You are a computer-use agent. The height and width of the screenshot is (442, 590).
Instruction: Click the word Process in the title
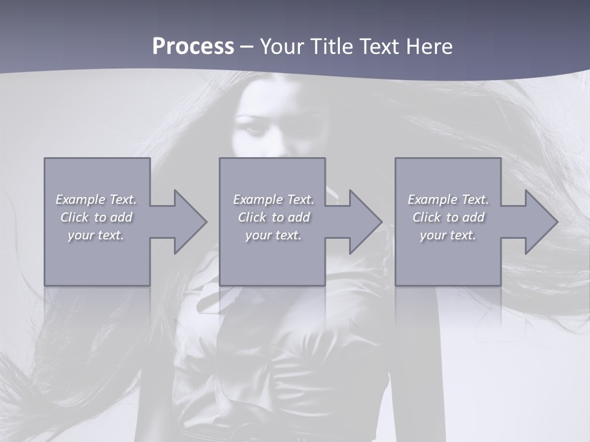click(x=193, y=47)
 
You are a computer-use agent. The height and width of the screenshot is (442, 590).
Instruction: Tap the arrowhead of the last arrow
click(x=540, y=222)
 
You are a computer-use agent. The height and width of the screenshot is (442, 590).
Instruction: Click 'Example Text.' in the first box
click(x=96, y=200)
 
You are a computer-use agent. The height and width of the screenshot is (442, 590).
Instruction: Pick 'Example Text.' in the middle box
click(x=273, y=200)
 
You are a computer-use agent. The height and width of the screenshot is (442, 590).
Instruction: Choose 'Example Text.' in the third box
click(x=448, y=200)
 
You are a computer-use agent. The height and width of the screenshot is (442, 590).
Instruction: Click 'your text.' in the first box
click(x=96, y=235)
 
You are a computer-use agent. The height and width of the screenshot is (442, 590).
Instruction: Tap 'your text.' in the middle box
click(x=273, y=235)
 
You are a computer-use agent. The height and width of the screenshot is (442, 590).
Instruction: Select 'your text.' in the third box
click(x=448, y=235)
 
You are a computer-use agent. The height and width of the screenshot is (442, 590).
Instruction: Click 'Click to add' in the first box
click(x=96, y=217)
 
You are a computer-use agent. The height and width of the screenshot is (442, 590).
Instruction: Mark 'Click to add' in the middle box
click(x=273, y=217)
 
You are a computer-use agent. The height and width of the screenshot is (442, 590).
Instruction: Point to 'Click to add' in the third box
click(x=448, y=217)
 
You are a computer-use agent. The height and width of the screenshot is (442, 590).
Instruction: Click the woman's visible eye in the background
click(x=254, y=130)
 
